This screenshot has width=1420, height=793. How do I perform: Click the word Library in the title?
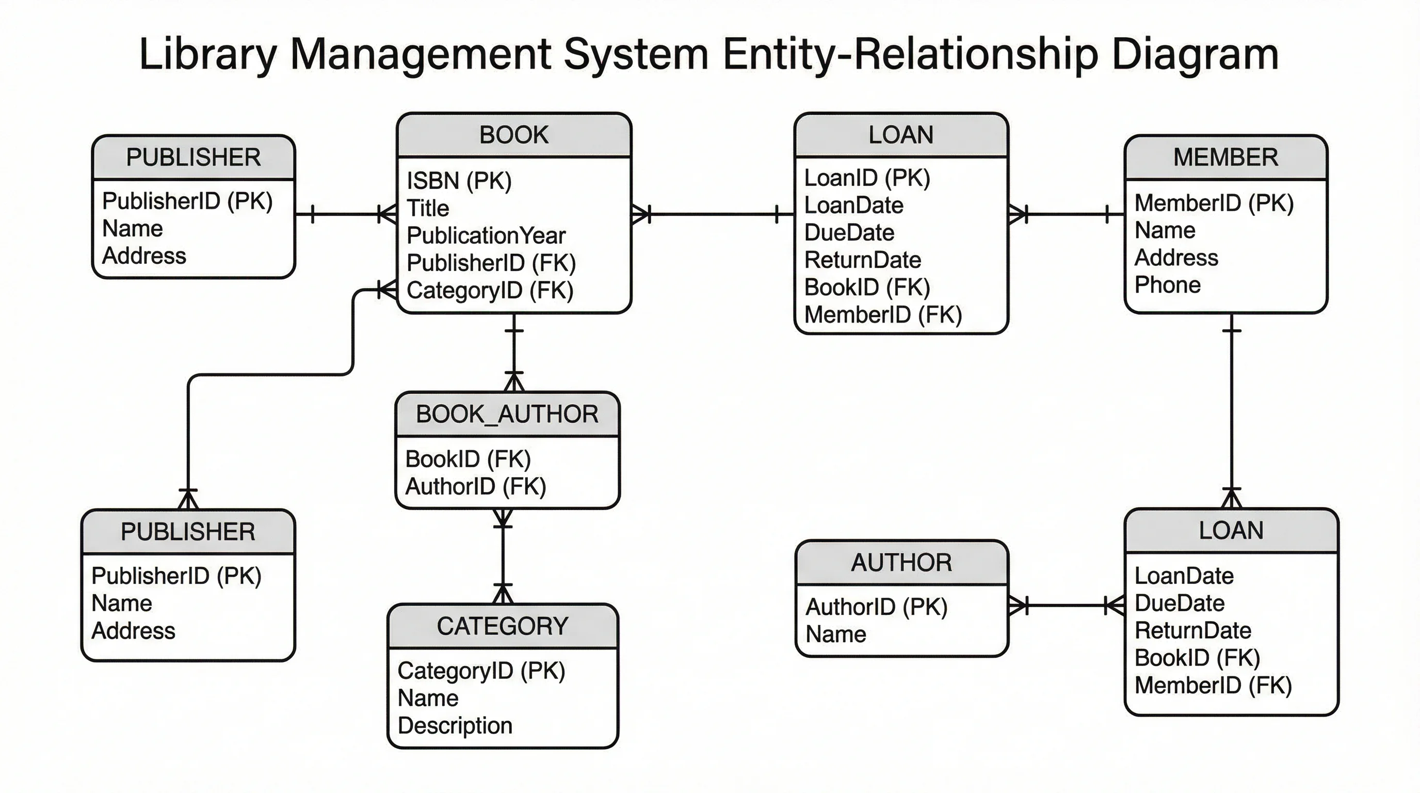[208, 54]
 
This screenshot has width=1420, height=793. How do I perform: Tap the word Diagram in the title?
[1195, 54]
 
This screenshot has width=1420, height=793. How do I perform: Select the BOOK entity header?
[514, 135]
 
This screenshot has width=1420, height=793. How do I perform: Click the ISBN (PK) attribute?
[459, 181]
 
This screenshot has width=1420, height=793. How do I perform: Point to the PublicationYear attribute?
[486, 236]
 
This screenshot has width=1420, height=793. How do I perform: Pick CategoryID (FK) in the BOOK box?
[490, 291]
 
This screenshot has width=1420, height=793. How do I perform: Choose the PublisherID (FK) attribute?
[491, 263]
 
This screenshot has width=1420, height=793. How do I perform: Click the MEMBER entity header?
[1225, 157]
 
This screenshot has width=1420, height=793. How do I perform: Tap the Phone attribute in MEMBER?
[1167, 285]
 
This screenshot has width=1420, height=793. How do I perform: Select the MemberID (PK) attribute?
[1214, 203]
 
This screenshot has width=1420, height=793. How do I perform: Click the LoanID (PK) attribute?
[867, 178]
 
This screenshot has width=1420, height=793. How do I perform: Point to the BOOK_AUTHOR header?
[507, 414]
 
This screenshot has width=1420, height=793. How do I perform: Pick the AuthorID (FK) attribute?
[476, 486]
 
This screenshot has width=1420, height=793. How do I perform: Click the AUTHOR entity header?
[901, 563]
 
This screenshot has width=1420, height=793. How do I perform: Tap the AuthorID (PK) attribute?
[877, 607]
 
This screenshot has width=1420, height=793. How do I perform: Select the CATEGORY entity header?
[502, 626]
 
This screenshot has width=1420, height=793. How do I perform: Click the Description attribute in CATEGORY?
[455, 726]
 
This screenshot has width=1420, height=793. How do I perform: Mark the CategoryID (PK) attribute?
[481, 671]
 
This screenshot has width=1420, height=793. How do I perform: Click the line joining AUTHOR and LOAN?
[1067, 606]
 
